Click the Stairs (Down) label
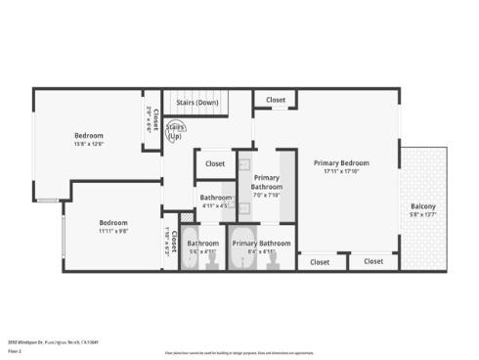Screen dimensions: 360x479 pos(196,102)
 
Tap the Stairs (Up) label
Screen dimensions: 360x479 pos(175,131)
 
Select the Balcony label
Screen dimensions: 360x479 pos(422,206)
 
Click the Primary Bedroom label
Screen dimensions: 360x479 pos(341,162)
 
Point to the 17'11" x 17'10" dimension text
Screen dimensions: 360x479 pos(341,171)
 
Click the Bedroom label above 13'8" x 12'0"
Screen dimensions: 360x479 pos(89,135)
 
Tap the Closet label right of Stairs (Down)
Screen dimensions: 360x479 pos(276,100)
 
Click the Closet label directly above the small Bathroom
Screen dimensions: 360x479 pos(215,163)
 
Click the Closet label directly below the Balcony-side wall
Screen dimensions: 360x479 pos(373,261)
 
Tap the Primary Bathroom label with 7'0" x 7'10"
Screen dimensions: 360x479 pos(266,181)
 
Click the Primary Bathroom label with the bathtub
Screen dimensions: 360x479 pos(261,243)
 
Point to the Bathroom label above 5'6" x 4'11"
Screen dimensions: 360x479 pos(203,243)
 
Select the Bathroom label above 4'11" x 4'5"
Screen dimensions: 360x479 pos(216,198)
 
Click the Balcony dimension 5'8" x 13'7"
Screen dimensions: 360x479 pos(422,215)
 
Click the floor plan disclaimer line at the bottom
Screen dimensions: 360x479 pos(239,350)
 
